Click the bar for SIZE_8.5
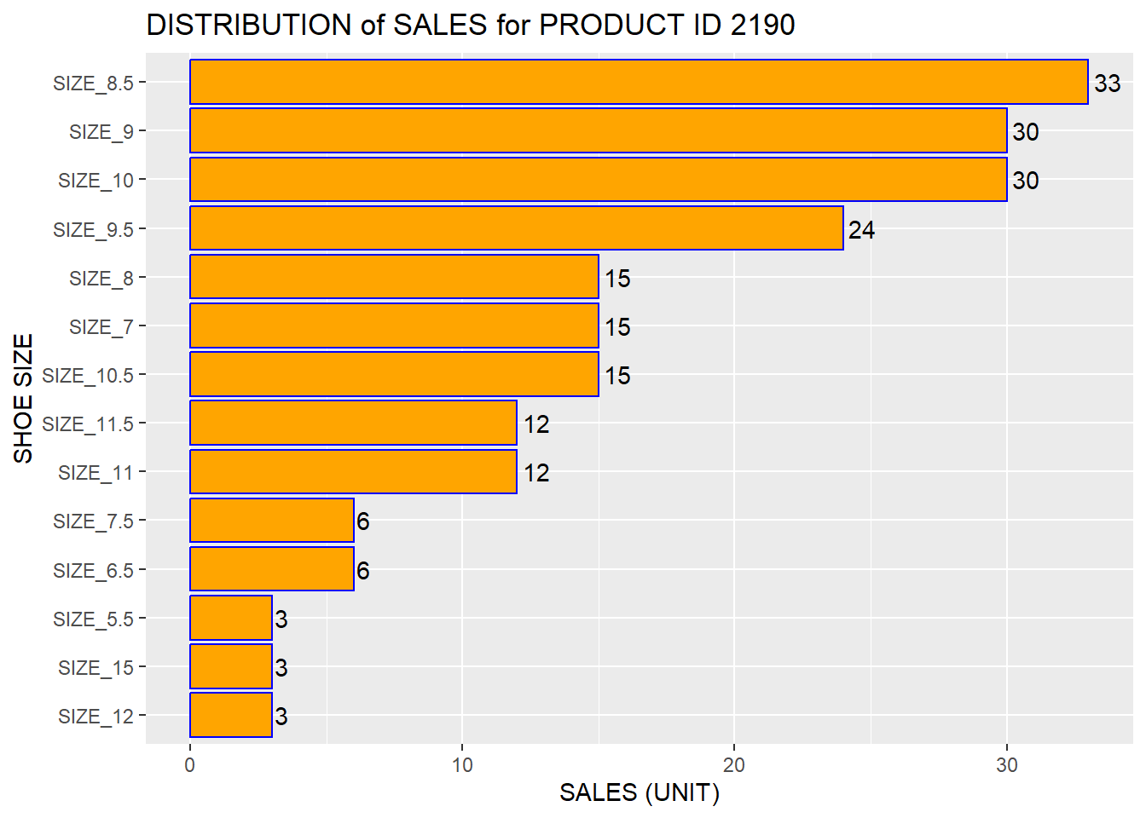click(x=639, y=82)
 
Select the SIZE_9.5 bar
click(x=516, y=228)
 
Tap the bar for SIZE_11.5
click(x=353, y=423)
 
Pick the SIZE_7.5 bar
click(x=271, y=521)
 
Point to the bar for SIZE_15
click(x=230, y=666)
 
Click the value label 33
click(x=1107, y=84)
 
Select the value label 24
click(x=861, y=230)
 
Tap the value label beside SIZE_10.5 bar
click(x=617, y=376)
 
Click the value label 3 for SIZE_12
click(x=281, y=717)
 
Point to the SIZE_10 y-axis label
click(x=95, y=181)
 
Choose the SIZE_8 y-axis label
click(x=101, y=279)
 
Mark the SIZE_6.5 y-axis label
click(x=93, y=571)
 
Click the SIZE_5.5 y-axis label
click(x=93, y=619)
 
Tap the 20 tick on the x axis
click(x=733, y=765)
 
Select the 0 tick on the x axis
click(x=189, y=765)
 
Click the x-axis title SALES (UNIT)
click(x=639, y=793)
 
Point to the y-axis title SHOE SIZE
click(x=24, y=398)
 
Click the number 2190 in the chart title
click(x=762, y=26)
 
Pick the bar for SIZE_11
click(x=353, y=471)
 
